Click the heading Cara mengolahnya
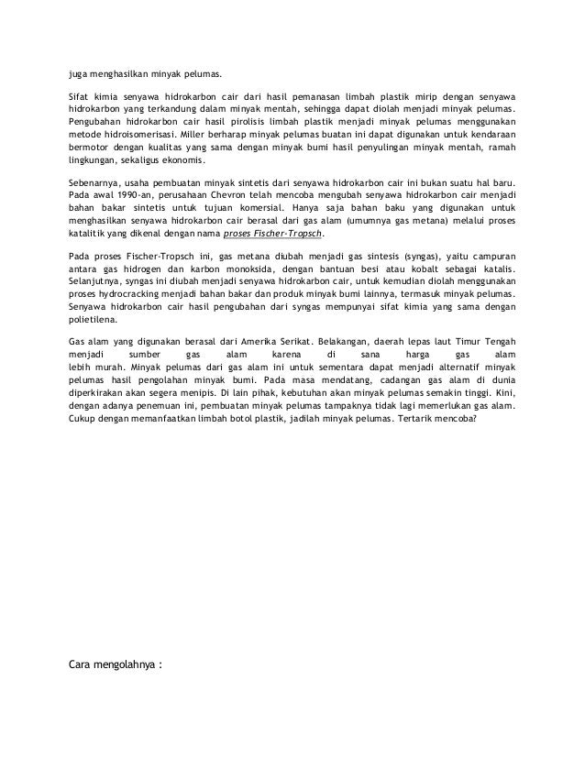(114, 664)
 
